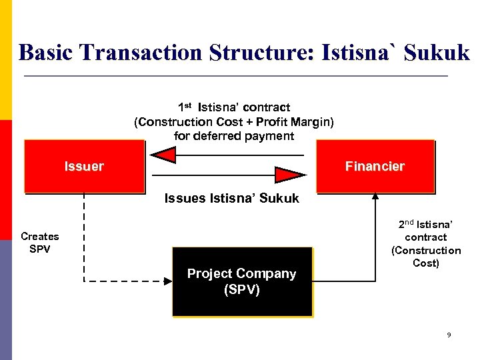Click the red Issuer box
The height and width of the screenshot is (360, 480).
click(x=84, y=167)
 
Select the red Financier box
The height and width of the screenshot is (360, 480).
click(x=375, y=167)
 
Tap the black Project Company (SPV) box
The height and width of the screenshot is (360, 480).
click(x=242, y=282)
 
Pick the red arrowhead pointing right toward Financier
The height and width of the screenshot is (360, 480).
click(x=291, y=175)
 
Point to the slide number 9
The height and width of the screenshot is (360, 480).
click(x=449, y=335)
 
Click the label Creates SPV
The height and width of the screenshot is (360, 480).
click(x=40, y=243)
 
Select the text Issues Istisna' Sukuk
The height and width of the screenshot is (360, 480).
click(x=231, y=199)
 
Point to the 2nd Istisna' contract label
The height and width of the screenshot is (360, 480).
click(x=426, y=231)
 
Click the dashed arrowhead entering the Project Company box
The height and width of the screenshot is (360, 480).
click(x=166, y=281)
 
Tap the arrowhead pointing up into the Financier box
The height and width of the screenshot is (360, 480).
click(x=375, y=197)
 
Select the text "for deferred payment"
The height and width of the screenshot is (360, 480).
click(x=233, y=136)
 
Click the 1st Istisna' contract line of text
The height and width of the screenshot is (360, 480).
click(x=233, y=107)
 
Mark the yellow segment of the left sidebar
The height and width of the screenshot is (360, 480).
click(x=6, y=60)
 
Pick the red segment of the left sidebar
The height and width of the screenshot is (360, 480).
click(x=6, y=180)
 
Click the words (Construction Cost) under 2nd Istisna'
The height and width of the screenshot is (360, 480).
click(x=426, y=257)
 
